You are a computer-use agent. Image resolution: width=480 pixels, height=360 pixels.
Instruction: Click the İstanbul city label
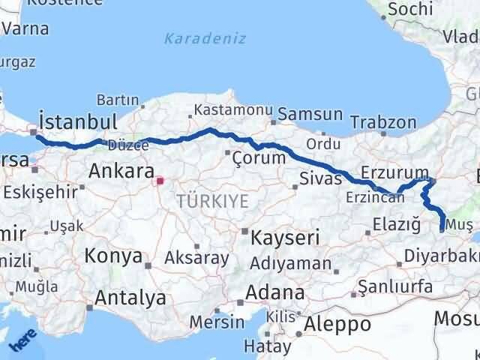[78, 121]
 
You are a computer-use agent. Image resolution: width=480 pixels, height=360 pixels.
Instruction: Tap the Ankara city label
[121, 171]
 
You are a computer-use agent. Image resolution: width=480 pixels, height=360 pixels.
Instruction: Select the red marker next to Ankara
[160, 180]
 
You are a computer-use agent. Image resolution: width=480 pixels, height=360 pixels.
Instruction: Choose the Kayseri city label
[285, 238]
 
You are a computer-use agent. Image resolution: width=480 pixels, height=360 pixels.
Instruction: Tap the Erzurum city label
[394, 172]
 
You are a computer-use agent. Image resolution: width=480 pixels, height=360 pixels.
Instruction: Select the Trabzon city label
[383, 121]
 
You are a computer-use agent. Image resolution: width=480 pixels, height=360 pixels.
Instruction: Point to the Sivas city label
[320, 178]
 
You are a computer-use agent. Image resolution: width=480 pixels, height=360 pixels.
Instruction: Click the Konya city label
[113, 256]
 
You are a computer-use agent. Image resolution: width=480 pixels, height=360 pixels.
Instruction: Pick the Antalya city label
[130, 298]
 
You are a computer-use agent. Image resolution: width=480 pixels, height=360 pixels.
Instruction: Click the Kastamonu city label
[226, 110]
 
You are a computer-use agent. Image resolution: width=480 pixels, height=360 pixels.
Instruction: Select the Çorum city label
[259, 157]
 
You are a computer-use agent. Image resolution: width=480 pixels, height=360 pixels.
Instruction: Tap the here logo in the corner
[25, 342]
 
